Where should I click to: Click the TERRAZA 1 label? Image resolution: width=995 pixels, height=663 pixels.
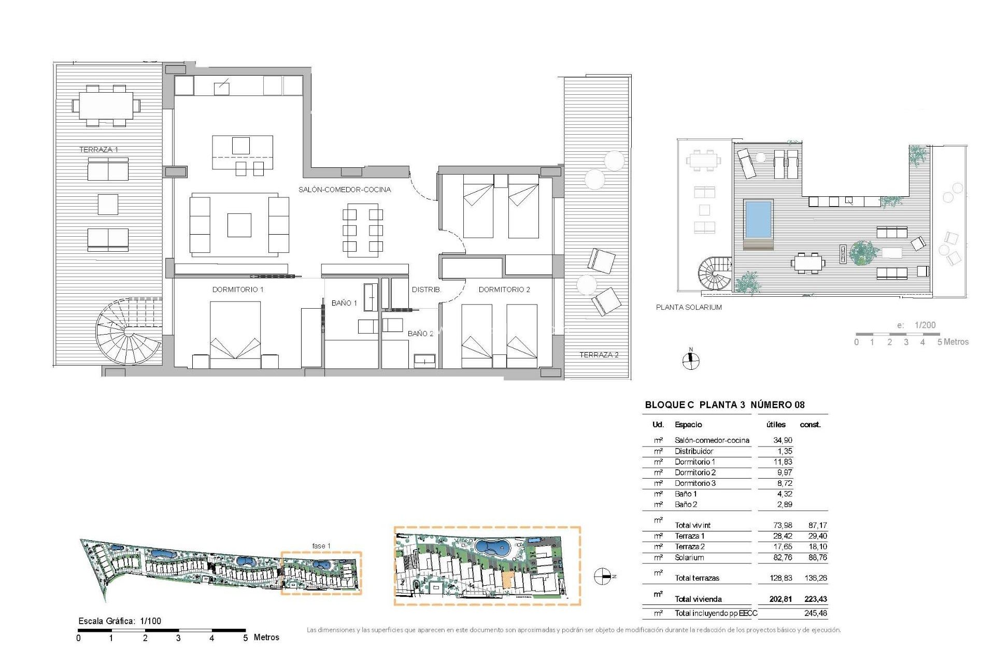tap(98, 150)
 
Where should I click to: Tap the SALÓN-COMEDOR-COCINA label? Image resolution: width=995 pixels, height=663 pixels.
tap(345, 190)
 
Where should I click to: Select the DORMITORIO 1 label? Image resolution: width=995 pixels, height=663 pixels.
tap(238, 290)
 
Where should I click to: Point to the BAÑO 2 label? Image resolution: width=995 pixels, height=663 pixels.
tap(420, 334)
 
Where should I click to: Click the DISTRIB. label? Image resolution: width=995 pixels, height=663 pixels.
tap(426, 290)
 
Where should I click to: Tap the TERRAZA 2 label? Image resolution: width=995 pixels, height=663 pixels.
tap(599, 355)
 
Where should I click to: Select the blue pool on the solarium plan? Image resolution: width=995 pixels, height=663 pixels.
tap(758, 218)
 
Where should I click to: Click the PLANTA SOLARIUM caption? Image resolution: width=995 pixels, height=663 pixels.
tap(689, 307)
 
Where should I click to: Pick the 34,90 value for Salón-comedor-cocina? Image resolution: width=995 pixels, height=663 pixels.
tap(783, 440)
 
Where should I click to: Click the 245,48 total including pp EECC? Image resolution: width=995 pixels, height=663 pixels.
tap(815, 613)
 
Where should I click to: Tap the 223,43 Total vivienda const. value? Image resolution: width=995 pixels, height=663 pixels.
tap(815, 599)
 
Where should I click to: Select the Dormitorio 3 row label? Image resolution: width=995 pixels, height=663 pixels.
tap(695, 483)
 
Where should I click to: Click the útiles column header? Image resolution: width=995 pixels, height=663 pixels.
tap(776, 425)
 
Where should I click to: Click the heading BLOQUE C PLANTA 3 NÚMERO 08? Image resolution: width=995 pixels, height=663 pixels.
tap(724, 405)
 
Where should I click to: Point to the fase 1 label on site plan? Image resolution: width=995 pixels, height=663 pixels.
tap(321, 546)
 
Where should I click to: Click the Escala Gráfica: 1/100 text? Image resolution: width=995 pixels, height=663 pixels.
tap(120, 621)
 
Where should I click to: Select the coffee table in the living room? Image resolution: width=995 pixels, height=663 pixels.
tap(239, 225)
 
